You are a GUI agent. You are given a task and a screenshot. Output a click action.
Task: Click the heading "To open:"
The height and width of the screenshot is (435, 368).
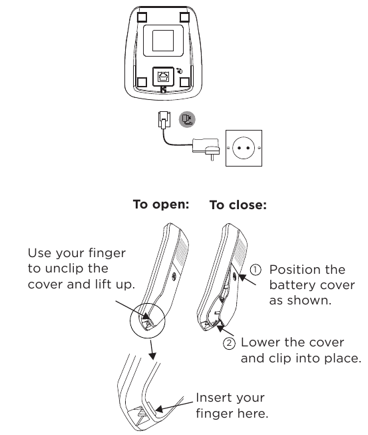(161, 205)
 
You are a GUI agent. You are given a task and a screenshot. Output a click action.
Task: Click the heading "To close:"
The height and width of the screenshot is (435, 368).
(238, 205)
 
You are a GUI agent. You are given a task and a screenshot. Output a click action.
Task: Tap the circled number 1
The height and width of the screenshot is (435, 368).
(256, 269)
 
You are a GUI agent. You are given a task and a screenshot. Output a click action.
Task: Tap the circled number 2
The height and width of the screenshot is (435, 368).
(229, 343)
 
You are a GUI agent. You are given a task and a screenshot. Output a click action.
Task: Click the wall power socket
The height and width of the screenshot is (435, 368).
(244, 147)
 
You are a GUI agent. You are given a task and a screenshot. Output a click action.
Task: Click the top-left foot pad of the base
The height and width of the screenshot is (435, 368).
(141, 16)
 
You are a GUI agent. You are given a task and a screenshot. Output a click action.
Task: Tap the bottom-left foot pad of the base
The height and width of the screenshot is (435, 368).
(141, 83)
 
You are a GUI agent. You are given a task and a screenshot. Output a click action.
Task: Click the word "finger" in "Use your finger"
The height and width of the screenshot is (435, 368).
(106, 253)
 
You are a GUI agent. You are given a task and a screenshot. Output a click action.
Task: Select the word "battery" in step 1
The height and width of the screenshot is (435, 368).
(289, 285)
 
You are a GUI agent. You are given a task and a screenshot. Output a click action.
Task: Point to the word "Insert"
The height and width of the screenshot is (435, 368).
(213, 398)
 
